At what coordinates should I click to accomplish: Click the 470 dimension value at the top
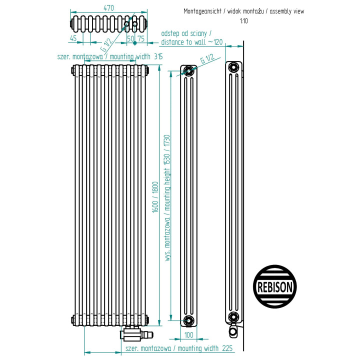click(108, 8)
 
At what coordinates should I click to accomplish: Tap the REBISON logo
click(275, 286)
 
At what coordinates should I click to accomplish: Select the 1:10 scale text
click(244, 21)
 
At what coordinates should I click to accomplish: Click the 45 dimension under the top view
click(73, 38)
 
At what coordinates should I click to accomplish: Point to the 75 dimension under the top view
click(140, 38)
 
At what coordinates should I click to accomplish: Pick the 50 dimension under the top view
click(130, 38)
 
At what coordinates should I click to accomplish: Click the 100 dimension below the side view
click(188, 335)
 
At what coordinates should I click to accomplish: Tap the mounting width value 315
click(158, 56)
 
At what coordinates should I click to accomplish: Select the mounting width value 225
click(227, 348)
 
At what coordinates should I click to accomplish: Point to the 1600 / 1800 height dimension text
click(155, 197)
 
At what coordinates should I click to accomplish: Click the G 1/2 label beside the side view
click(207, 59)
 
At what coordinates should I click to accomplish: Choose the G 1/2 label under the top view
click(106, 44)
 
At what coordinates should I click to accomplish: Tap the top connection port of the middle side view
click(188, 71)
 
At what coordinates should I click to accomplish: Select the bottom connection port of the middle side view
click(188, 320)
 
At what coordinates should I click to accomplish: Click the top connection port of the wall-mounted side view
click(233, 67)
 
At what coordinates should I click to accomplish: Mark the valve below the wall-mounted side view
click(233, 330)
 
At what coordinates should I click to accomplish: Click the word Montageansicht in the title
click(202, 11)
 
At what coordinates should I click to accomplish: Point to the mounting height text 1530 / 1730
click(167, 149)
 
